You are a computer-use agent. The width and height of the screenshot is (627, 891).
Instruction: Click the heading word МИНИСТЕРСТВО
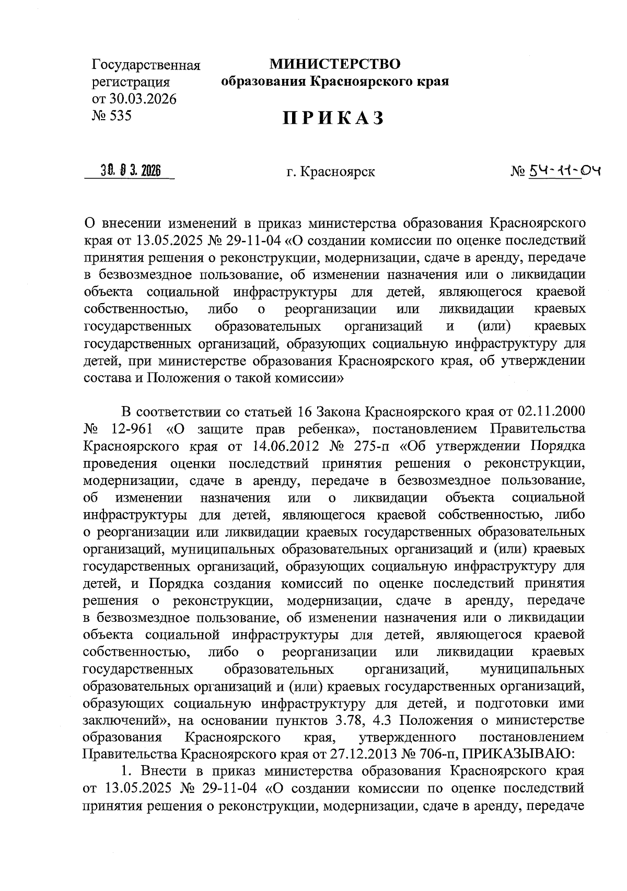(x=335, y=64)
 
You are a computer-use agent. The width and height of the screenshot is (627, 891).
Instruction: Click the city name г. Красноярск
(x=330, y=171)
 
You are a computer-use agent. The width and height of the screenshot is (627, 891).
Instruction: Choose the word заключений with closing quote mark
(x=127, y=720)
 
